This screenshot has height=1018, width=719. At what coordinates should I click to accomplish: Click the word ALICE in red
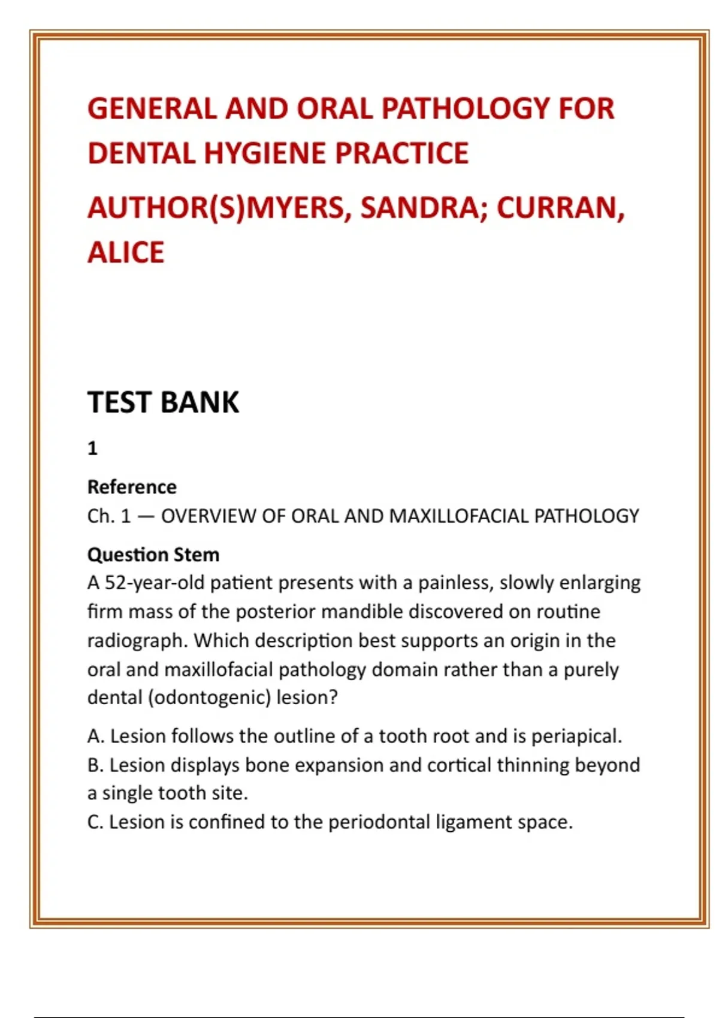coord(126,252)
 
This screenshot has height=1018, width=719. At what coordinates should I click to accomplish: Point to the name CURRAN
coord(560,208)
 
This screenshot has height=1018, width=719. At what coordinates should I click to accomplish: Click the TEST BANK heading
coord(163,402)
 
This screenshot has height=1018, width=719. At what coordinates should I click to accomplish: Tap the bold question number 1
coord(92,448)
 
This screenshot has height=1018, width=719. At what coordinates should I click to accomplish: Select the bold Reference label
coord(132,487)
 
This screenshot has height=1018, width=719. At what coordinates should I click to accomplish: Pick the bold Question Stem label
coord(153,555)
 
